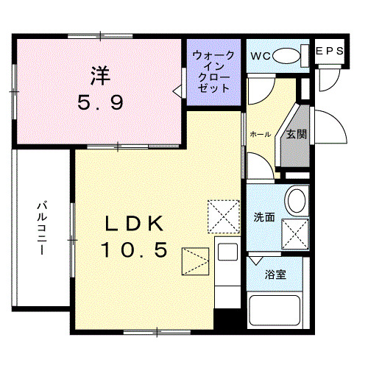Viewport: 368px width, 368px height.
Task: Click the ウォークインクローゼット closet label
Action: (x=213, y=71)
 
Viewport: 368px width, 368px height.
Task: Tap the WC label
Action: (x=263, y=56)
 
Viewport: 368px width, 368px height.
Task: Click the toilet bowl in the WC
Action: (x=292, y=54)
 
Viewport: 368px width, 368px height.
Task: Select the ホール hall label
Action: (x=260, y=135)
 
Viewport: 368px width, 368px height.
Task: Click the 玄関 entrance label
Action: (x=297, y=134)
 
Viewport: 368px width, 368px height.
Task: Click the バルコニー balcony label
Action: (x=42, y=228)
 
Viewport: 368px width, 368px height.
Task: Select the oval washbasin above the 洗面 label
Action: (x=296, y=199)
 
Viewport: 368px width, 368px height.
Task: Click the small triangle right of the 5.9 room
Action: (x=177, y=91)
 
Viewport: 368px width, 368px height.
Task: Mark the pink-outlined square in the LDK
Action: (x=197, y=260)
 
